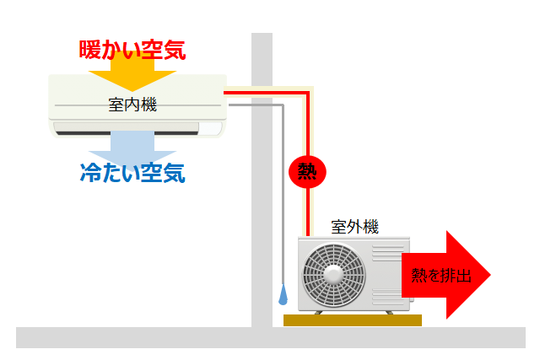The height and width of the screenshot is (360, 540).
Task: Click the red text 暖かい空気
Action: pos(132,49)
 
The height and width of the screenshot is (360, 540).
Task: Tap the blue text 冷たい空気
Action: pos(132,174)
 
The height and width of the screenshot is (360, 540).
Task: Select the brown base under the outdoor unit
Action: pos(352,320)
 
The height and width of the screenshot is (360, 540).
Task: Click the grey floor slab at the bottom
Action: pos(270,337)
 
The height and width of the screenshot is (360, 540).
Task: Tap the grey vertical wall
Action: pos(262,211)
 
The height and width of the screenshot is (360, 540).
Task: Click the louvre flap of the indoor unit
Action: pos(127,128)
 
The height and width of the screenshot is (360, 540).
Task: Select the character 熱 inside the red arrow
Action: pos(418,276)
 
